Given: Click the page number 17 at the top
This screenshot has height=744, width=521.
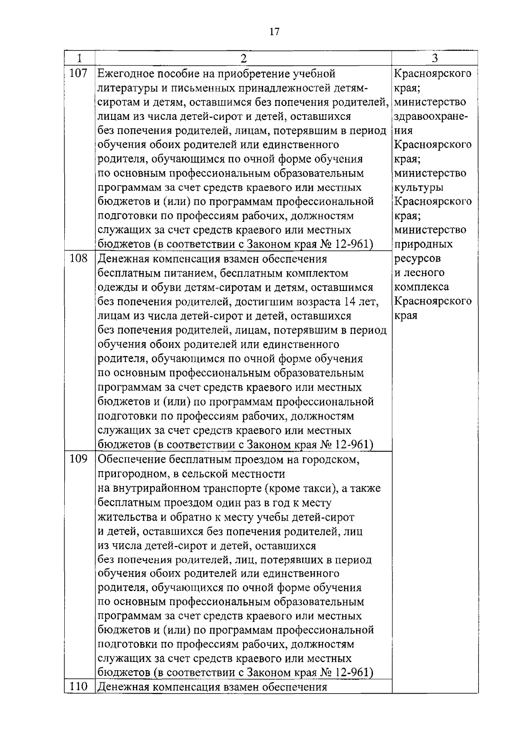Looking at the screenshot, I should (x=274, y=32).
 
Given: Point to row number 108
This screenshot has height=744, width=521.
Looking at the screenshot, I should (x=79, y=259).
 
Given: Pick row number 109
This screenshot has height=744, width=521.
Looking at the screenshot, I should (x=79, y=459).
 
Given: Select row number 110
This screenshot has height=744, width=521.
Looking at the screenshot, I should (x=79, y=687).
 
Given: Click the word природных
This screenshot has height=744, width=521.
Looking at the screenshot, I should (x=423, y=245).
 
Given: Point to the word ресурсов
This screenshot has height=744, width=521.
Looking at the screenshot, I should (x=417, y=259).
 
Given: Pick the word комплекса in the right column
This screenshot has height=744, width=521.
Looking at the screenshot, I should (x=422, y=287).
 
